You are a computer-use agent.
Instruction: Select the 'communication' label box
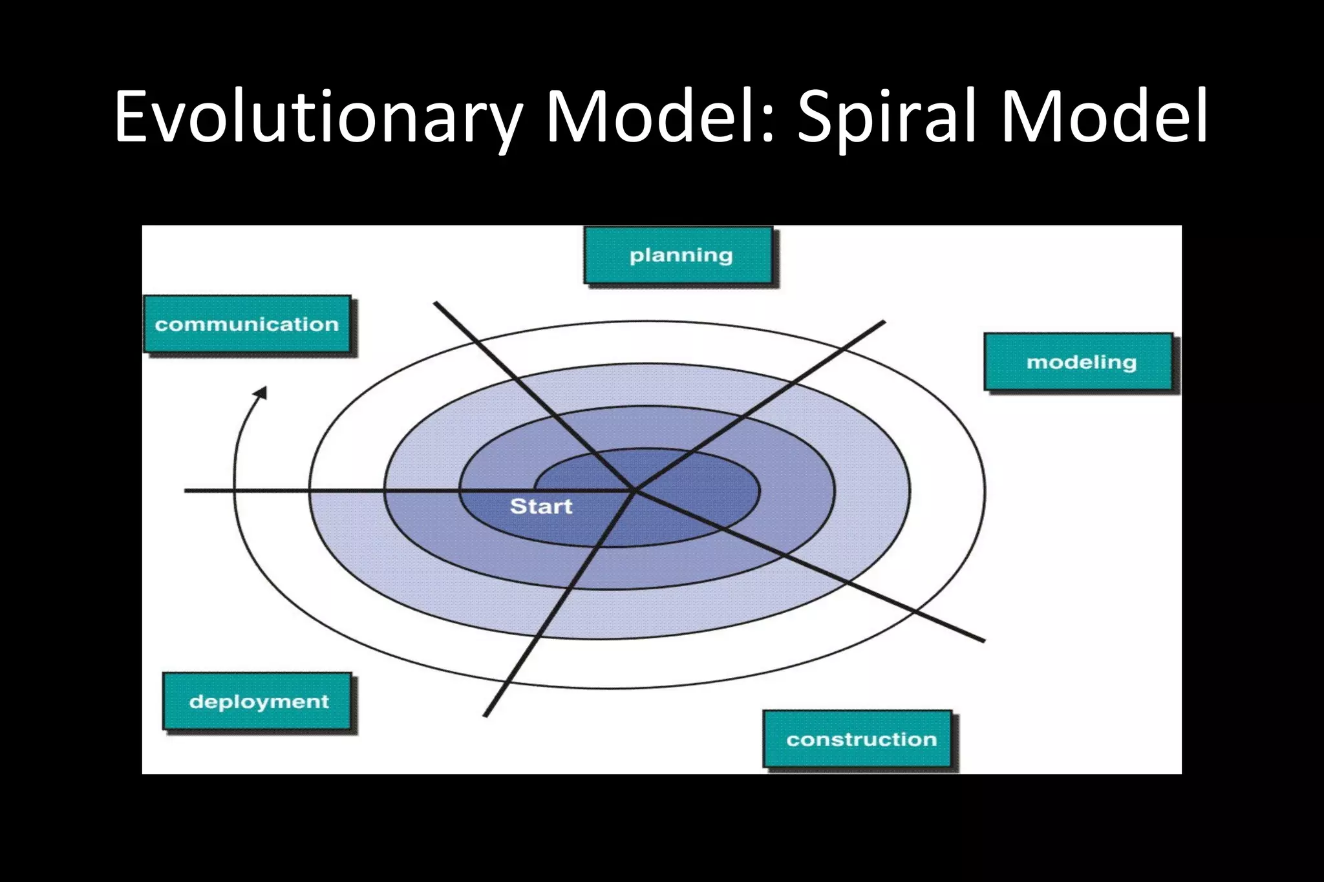[248, 324]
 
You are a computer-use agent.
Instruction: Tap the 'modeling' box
[1078, 362]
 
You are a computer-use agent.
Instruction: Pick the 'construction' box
[858, 739]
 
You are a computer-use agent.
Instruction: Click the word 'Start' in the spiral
[541, 507]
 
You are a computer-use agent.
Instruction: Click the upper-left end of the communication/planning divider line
[436, 302]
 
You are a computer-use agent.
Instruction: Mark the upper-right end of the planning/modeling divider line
[884, 321]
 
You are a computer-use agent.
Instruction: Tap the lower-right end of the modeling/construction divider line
[983, 641]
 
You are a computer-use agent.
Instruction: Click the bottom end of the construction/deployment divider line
[485, 716]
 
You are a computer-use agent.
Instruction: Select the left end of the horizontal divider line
[186, 491]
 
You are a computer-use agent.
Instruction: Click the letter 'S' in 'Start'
[518, 507]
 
